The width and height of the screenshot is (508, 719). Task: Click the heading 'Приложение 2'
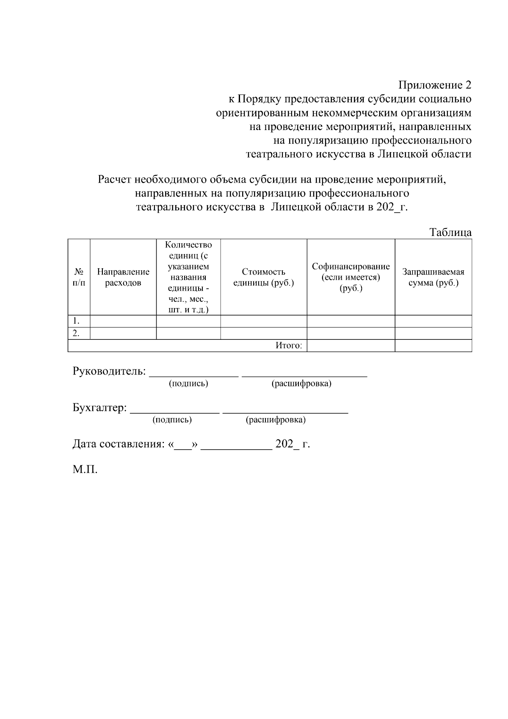pyautogui.click(x=434, y=85)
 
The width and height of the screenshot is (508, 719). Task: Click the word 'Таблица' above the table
pyautogui.click(x=450, y=232)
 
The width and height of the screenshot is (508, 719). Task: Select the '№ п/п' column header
pyautogui.click(x=79, y=277)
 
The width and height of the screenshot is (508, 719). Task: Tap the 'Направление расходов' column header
pyautogui.click(x=123, y=277)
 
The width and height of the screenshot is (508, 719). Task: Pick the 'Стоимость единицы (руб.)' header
pyautogui.click(x=263, y=277)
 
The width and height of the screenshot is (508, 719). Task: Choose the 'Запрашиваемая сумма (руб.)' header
pyautogui.click(x=433, y=277)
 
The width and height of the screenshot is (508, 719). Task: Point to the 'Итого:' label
pyautogui.click(x=289, y=346)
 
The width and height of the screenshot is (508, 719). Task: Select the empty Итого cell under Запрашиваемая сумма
pyautogui.click(x=433, y=346)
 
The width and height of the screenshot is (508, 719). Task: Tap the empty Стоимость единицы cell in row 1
pyautogui.click(x=263, y=321)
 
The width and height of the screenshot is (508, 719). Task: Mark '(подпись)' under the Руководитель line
pyautogui.click(x=188, y=383)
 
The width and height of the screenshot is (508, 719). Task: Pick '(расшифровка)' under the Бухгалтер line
pyautogui.click(x=276, y=419)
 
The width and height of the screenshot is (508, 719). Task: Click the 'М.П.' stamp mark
pyautogui.click(x=85, y=469)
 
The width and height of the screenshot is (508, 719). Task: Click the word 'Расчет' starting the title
pyautogui.click(x=114, y=180)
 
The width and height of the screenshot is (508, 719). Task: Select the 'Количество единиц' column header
pyautogui.click(x=188, y=277)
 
